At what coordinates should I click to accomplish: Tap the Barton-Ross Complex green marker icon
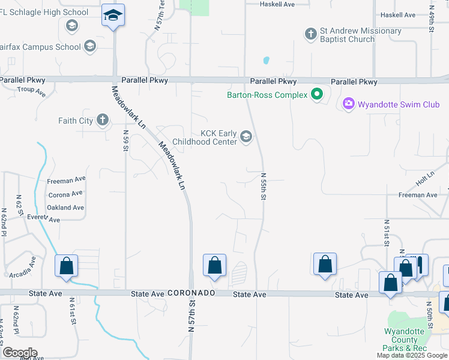point(317,94)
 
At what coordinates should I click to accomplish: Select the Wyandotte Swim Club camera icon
point(348,104)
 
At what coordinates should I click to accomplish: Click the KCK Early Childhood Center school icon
point(246,137)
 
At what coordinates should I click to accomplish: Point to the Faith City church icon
point(103,121)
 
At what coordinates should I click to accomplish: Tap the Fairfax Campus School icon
point(90,46)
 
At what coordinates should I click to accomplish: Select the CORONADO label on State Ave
point(191,293)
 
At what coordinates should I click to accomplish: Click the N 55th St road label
point(263,187)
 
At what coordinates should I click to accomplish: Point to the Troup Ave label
point(32,91)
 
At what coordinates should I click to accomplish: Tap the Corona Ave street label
point(65,194)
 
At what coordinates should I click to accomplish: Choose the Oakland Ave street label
point(65,208)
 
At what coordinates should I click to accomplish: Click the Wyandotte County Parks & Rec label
point(405,340)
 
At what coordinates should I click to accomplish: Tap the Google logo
point(19,353)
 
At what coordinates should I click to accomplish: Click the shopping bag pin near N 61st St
point(66,266)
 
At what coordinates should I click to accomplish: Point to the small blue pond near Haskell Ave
point(266,60)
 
